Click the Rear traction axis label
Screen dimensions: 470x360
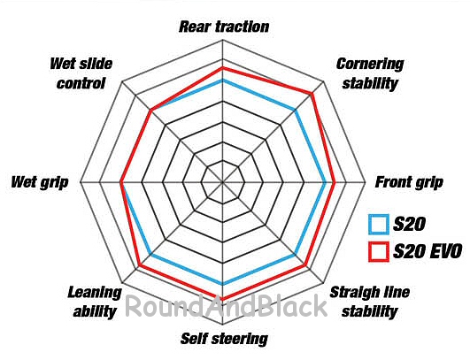[x=224, y=27]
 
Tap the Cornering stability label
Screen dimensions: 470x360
[x=370, y=73]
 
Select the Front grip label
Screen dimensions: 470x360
[x=409, y=182]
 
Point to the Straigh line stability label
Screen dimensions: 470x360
[x=370, y=302]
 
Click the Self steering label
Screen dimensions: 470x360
[x=224, y=339]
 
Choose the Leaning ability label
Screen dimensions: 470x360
[x=95, y=302]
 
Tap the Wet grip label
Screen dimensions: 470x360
[x=40, y=182]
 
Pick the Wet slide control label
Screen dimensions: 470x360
[x=81, y=73]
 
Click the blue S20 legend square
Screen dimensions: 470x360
[x=379, y=224]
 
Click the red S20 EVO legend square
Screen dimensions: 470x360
[x=379, y=251]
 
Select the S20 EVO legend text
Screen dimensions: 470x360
[x=428, y=251]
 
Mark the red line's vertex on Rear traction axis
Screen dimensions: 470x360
[x=222, y=69]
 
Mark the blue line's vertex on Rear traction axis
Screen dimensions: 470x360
[x=222, y=80]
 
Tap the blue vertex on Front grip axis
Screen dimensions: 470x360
[x=325, y=182]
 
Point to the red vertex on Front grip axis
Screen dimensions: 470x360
[x=335, y=182]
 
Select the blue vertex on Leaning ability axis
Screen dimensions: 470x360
[x=150, y=255]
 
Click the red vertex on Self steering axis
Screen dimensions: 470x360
[x=222, y=298]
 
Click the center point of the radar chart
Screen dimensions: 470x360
[x=222, y=182]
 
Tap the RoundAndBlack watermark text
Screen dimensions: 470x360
[x=226, y=306]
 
